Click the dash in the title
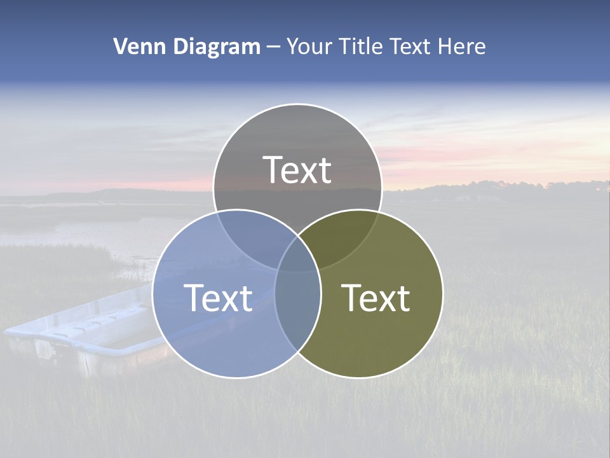274,47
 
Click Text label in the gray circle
297,170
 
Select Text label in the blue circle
218,298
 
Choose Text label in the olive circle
376,298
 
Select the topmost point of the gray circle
297,104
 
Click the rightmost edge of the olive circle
443,293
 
